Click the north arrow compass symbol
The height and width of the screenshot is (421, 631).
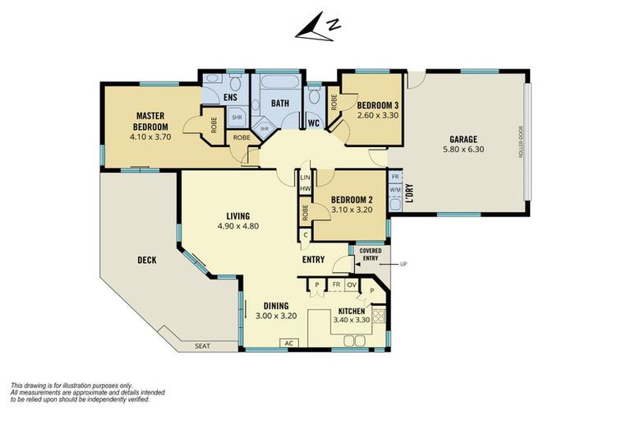click(x=318, y=27)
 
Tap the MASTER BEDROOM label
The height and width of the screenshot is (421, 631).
click(x=150, y=121)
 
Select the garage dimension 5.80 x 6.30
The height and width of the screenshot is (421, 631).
click(x=463, y=149)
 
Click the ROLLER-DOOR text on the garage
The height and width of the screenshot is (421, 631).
click(x=521, y=141)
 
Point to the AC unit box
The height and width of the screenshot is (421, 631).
click(x=289, y=343)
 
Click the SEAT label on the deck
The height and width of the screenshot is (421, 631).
click(x=202, y=345)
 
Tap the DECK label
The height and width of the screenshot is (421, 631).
click(x=147, y=261)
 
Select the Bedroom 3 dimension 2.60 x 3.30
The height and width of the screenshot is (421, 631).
click(x=377, y=115)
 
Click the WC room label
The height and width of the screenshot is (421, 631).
click(x=314, y=123)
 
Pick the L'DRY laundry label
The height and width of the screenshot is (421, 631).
click(x=409, y=193)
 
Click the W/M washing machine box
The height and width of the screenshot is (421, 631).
click(x=395, y=188)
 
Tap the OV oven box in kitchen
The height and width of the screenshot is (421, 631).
click(x=352, y=285)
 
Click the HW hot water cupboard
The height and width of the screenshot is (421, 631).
click(x=305, y=188)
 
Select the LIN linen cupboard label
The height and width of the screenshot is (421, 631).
click(x=306, y=178)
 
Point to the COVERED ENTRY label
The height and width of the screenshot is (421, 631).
click(x=371, y=254)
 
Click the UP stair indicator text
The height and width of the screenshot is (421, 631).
click(x=403, y=264)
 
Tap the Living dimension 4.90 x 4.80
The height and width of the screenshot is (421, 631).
click(x=237, y=226)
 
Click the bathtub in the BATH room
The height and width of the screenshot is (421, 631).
click(x=279, y=81)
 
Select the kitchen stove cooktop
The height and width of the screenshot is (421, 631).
click(x=379, y=315)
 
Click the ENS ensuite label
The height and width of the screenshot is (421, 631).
click(x=230, y=97)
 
